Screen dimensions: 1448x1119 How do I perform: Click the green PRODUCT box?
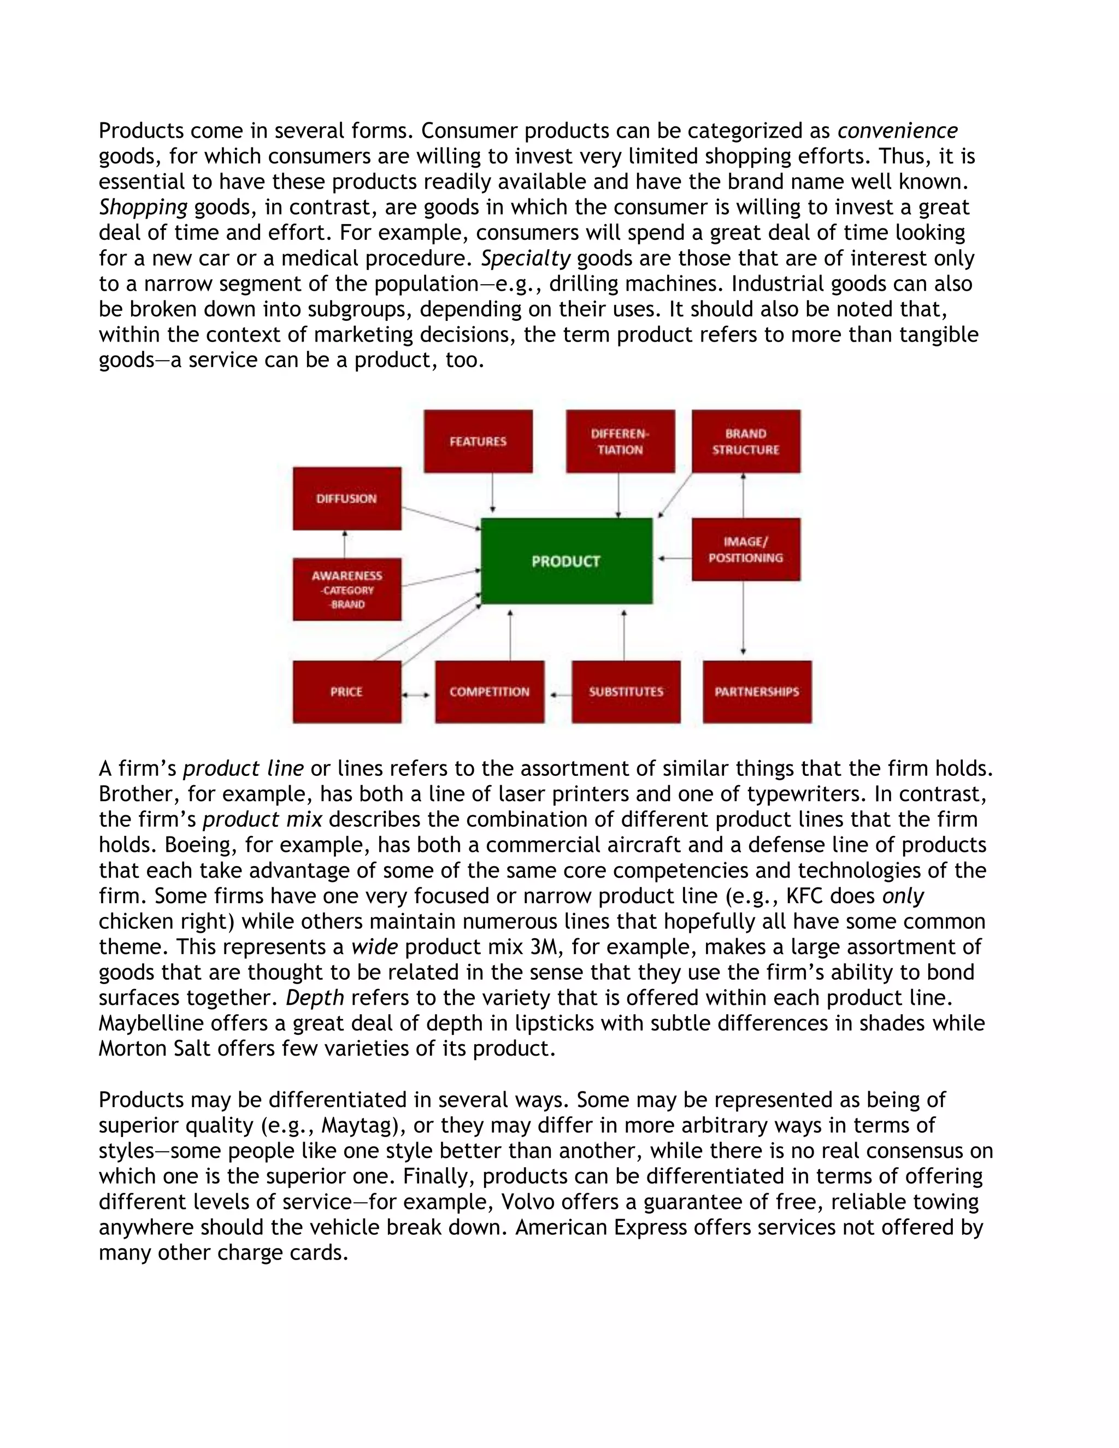click(566, 561)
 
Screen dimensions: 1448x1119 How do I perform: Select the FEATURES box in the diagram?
click(478, 442)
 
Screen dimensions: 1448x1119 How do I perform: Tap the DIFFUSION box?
click(347, 498)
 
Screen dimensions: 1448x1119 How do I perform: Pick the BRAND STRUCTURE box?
click(746, 442)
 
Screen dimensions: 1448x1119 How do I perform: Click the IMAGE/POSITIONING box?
click(746, 550)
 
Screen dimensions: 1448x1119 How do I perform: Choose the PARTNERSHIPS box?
click(757, 692)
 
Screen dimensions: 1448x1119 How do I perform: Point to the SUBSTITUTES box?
click(626, 692)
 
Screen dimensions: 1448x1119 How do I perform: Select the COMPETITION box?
click(489, 692)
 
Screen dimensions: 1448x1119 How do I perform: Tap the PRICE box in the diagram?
click(347, 692)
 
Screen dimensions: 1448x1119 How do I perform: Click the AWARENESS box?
click(347, 590)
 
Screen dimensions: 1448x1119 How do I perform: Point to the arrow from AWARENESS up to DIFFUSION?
click(345, 544)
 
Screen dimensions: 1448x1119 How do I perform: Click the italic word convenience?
click(897, 131)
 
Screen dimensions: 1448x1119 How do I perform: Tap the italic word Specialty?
click(525, 258)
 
